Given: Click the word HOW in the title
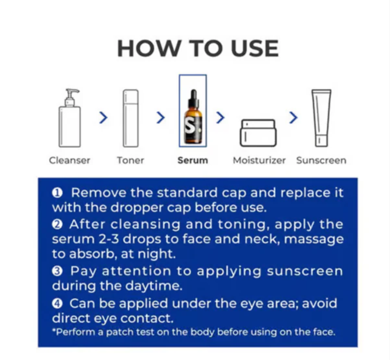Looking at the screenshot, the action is (149, 48).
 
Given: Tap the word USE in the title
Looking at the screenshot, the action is (255, 48).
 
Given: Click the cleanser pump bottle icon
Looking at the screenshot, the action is (70, 118).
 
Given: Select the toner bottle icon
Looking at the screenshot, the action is (131, 118).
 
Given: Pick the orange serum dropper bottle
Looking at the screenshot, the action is (193, 117).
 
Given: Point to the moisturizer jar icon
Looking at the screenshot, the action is (258, 133).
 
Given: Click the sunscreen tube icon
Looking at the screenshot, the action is (321, 118).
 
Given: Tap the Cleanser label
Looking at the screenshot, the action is (70, 160).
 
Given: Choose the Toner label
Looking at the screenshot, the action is (131, 160).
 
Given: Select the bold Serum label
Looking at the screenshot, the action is (193, 160).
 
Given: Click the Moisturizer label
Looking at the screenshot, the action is (259, 160).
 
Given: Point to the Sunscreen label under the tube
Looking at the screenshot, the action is (321, 160).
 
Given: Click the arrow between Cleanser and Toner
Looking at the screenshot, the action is (103, 118).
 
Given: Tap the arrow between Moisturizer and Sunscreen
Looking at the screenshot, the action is (293, 118).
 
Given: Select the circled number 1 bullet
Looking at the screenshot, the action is (57, 193).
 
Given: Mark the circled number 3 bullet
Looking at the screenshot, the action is (57, 271).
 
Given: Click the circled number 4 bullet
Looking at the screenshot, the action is (57, 304).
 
